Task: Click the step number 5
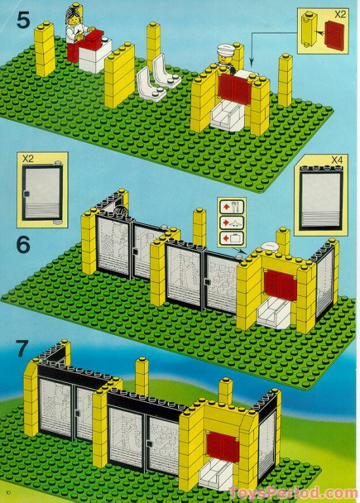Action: tap(23, 20)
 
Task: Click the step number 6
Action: tap(24, 245)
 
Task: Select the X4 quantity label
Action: tap(336, 159)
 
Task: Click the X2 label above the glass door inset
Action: tap(28, 158)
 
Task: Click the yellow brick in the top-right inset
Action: tap(310, 29)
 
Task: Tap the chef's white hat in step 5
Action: tap(226, 49)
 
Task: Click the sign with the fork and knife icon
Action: tap(232, 206)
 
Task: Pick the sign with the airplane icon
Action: tap(232, 222)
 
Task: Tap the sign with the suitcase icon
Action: tap(232, 238)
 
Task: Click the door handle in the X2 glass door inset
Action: tap(26, 194)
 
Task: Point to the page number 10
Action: tap(9, 493)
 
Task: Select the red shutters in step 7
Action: tap(223, 447)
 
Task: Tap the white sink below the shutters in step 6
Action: tap(275, 312)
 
